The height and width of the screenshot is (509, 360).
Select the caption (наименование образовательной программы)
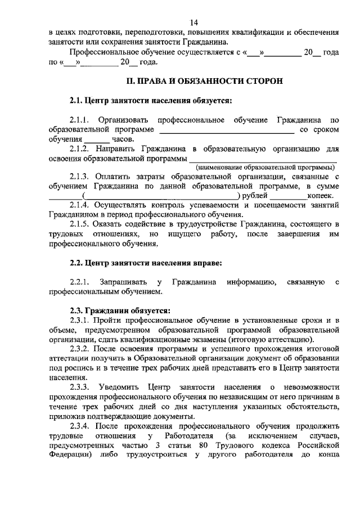pos(265,168)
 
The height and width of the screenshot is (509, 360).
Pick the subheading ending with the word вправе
pos(146,262)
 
